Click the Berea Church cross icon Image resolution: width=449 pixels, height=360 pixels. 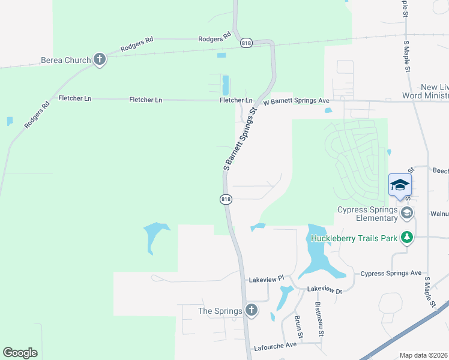pos(100,60)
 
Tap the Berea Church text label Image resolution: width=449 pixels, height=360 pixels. pos(65,60)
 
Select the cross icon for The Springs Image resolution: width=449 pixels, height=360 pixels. pos(252,311)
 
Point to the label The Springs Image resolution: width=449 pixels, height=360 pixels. pos(220,311)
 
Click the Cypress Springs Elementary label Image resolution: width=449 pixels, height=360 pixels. pos(367,214)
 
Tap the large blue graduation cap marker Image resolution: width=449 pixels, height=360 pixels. pos(399,185)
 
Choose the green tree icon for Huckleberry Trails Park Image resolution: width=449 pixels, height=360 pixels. pos(408,238)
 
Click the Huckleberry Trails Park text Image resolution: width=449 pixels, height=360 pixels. pos(354,238)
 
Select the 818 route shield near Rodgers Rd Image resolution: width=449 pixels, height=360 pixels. pos(246,43)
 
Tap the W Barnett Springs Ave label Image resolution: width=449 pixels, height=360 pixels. pos(297,101)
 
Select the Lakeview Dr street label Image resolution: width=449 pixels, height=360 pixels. pos(324,289)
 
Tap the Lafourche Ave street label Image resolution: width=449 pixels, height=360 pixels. pos(276,345)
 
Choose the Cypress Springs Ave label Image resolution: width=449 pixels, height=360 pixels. pos(391,273)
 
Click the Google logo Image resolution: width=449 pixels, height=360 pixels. pos(20,353)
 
